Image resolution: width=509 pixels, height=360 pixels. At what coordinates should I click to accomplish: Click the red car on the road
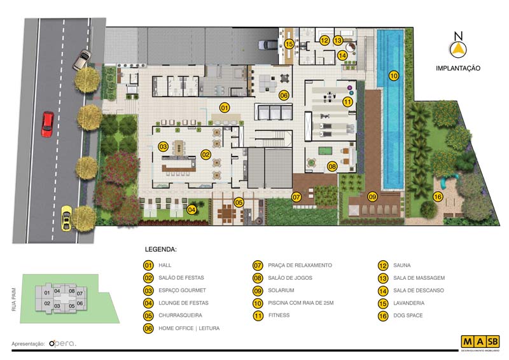tap(47, 124)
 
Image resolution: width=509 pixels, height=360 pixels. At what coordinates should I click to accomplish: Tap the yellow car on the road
tap(67, 218)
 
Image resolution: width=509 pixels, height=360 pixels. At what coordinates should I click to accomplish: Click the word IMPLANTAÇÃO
tap(457, 68)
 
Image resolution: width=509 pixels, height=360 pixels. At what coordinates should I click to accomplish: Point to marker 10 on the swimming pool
tap(393, 76)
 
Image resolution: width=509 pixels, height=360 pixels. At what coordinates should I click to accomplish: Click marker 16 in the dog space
tap(438, 197)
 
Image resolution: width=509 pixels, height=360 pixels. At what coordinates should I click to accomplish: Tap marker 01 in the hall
tap(225, 107)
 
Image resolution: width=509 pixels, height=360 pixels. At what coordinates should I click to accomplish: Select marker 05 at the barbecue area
tap(239, 202)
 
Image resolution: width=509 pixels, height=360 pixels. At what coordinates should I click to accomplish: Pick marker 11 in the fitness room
tap(347, 102)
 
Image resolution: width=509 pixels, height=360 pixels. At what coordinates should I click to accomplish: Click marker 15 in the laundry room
tap(289, 43)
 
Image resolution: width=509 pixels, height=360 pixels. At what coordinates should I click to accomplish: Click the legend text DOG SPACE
tap(408, 315)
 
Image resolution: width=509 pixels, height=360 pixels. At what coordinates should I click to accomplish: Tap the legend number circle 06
tap(148, 328)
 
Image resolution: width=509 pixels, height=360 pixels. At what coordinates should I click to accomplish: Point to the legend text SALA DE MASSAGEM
tap(419, 278)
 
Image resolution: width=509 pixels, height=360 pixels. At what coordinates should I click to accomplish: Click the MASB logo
tap(480, 342)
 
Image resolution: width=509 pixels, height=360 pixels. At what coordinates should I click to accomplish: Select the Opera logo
tap(62, 343)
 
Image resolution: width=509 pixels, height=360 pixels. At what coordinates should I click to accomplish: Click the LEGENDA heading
tap(161, 249)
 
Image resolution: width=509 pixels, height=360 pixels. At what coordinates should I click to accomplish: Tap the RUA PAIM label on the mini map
tap(13, 300)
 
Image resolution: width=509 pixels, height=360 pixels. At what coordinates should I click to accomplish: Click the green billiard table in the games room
tap(323, 151)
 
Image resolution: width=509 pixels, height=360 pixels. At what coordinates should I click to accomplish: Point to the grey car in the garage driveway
tap(268, 45)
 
